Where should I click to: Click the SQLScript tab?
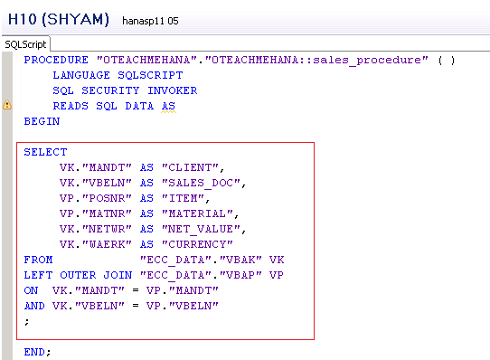pyautogui.click(x=25, y=43)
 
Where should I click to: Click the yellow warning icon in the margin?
pyautogui.click(x=7, y=106)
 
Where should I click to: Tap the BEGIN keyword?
pyautogui.click(x=42, y=121)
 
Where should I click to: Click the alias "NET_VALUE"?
pyautogui.click(x=203, y=229)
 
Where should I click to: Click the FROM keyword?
pyautogui.click(x=38, y=260)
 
